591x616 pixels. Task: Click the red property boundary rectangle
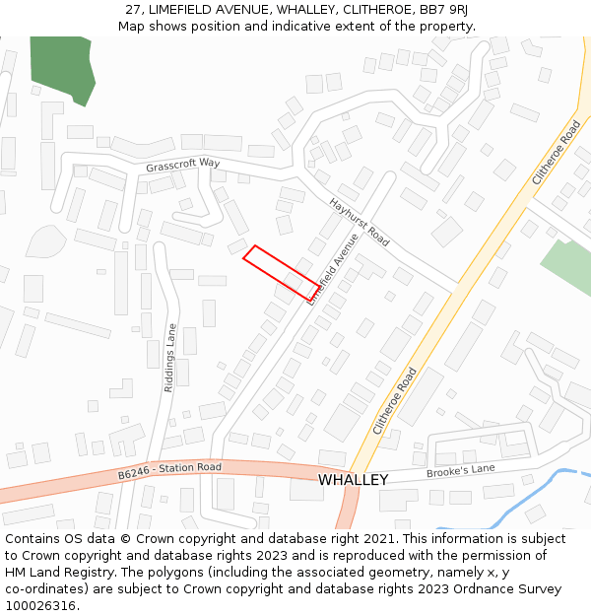(x=281, y=273)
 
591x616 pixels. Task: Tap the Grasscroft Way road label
(x=183, y=165)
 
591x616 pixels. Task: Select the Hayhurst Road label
(x=360, y=222)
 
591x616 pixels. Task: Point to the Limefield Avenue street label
(x=333, y=268)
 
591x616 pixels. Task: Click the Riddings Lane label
(x=170, y=358)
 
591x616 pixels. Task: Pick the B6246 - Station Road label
(x=169, y=471)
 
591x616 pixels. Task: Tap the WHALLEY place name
(x=353, y=480)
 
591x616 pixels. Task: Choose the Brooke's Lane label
(x=460, y=472)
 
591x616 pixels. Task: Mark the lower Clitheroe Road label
(x=395, y=401)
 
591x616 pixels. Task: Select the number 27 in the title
(x=133, y=9)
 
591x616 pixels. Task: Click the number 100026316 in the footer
(x=41, y=605)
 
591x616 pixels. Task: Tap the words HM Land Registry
(x=51, y=572)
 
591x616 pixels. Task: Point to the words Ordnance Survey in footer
(x=513, y=588)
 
